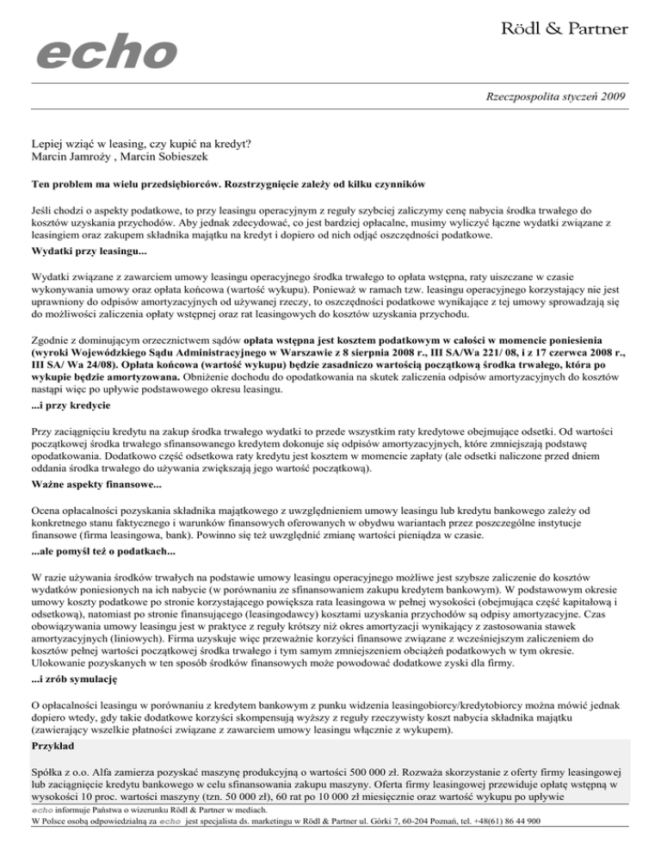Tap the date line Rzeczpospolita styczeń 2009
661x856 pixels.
coord(553,97)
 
